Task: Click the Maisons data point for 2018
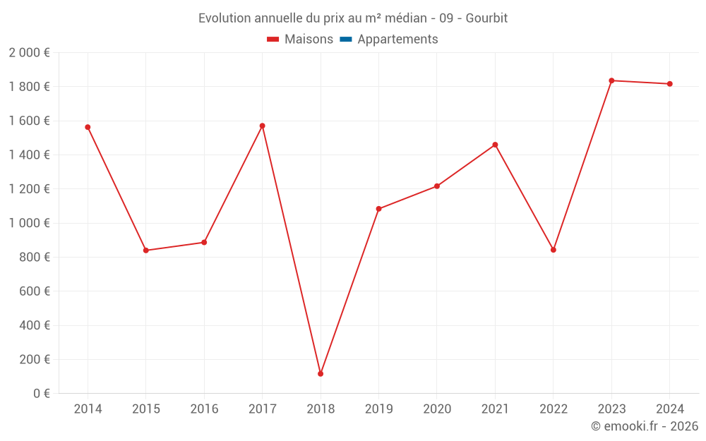coord(321,374)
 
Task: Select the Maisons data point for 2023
coord(611,80)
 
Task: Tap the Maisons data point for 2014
coord(88,127)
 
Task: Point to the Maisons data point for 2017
coord(262,126)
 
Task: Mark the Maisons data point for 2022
coord(554,250)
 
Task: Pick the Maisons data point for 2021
coord(495,145)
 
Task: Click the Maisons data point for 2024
coord(670,84)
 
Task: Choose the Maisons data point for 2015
coord(146,250)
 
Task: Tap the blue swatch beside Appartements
coord(346,40)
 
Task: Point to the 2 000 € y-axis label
coord(29,52)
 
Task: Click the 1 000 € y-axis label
coord(29,223)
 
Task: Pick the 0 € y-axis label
coord(40,393)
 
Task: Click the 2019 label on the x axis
coord(378,409)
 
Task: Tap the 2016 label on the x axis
coord(204,409)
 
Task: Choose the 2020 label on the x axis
coord(437,409)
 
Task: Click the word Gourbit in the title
coord(486,18)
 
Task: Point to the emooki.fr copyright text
coord(644,426)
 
